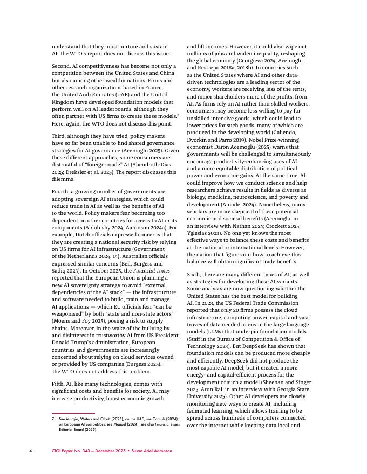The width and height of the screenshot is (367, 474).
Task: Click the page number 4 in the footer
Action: (31, 451)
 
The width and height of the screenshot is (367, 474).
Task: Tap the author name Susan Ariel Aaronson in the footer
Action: (151, 451)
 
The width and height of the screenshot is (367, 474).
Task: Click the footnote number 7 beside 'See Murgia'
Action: (53, 418)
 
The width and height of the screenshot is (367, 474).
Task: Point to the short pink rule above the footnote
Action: (65, 413)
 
